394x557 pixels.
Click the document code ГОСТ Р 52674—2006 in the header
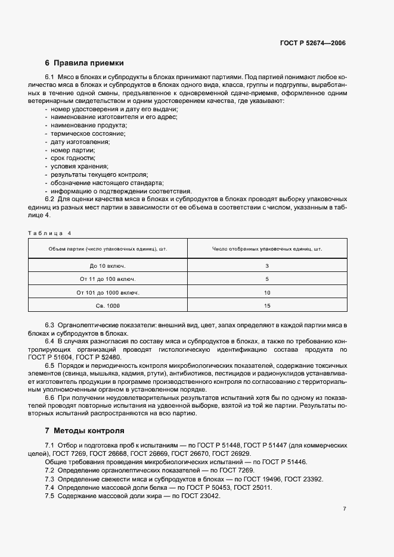click(x=313, y=43)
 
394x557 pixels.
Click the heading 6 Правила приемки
click(x=84, y=63)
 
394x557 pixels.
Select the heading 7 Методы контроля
click(x=85, y=430)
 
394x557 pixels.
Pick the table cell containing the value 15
click(x=267, y=306)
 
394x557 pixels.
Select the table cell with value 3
click(x=267, y=265)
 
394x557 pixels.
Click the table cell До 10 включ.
click(x=107, y=265)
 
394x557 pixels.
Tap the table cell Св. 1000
click(x=107, y=306)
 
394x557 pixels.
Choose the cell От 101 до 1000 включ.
click(x=107, y=293)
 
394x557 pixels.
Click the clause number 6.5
click(x=49, y=364)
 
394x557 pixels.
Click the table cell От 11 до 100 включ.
click(x=107, y=279)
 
